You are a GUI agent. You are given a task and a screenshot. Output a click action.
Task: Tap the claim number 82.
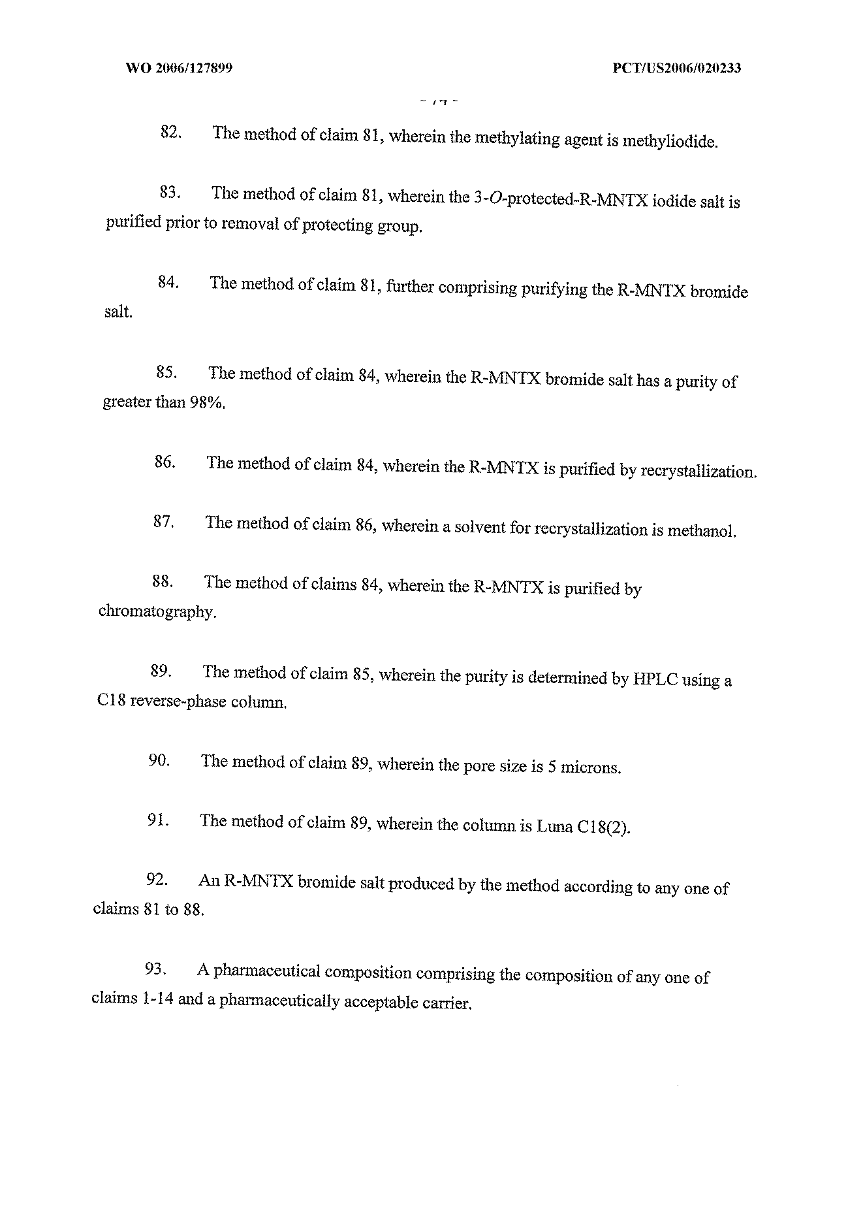170,132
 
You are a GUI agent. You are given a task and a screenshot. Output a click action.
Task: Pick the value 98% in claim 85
207,403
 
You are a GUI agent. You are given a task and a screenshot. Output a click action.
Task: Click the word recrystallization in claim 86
698,471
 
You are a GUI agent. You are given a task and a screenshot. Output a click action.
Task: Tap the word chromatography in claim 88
157,612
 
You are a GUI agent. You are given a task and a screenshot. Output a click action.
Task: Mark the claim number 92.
157,880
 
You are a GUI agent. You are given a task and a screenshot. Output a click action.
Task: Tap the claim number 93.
155,970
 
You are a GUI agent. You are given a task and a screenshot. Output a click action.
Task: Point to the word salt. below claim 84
118,312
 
